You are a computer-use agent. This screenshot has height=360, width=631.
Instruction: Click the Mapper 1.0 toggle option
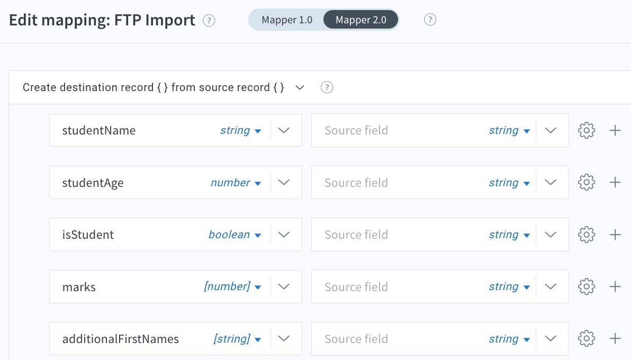tap(286, 20)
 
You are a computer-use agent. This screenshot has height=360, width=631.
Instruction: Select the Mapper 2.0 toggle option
tap(360, 20)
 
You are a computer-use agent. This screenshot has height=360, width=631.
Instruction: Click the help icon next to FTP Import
tap(209, 21)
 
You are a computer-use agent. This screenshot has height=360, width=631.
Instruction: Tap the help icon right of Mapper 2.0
tap(430, 20)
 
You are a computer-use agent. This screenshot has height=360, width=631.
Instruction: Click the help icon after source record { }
tap(327, 87)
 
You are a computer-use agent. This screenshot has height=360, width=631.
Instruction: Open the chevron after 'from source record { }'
tap(300, 87)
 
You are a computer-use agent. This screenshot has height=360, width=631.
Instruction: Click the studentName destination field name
tap(99, 130)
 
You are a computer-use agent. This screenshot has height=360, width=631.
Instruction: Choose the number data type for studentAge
tap(236, 183)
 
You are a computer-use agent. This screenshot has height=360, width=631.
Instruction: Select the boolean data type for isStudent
tap(235, 235)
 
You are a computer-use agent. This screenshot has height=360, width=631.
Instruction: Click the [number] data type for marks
tap(232, 287)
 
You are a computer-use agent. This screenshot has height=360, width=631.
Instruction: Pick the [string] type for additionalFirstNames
tap(237, 339)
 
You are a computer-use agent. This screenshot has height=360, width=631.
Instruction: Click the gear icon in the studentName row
tap(587, 130)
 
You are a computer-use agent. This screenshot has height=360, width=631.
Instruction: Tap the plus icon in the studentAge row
tap(615, 183)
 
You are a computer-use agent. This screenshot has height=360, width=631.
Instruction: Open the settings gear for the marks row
tap(587, 287)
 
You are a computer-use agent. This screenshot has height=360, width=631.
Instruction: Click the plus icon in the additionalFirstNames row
tap(615, 339)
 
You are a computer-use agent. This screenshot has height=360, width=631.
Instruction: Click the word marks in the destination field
tap(79, 287)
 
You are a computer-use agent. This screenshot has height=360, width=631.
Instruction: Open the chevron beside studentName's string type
tap(284, 130)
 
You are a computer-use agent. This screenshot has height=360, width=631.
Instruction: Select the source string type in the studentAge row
tap(509, 183)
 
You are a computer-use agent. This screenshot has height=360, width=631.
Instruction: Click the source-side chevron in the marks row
tap(551, 287)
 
